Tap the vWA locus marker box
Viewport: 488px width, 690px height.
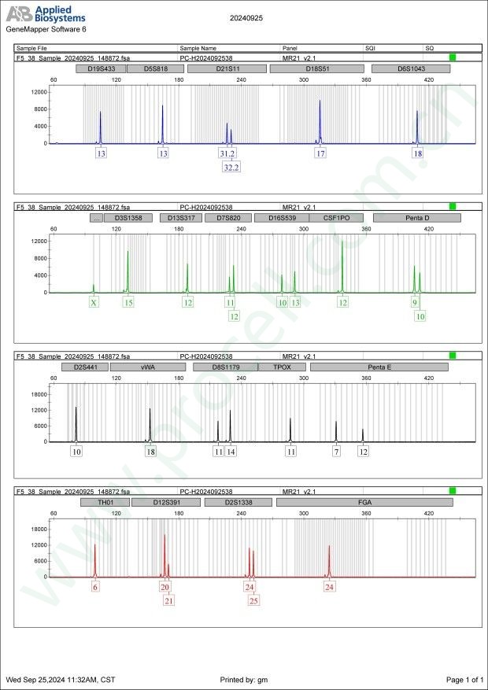point(147,367)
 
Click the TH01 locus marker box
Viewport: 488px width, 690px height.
point(104,501)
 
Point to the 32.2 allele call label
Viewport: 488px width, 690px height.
point(231,168)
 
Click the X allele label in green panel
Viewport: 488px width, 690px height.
point(94,302)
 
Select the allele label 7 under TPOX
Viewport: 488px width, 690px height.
point(336,452)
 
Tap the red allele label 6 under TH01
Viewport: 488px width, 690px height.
point(95,587)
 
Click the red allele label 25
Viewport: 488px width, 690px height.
point(253,601)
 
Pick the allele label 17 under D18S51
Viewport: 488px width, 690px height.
point(320,153)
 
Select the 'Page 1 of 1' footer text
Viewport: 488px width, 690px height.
point(464,679)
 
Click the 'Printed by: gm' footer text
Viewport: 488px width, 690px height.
point(246,679)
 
